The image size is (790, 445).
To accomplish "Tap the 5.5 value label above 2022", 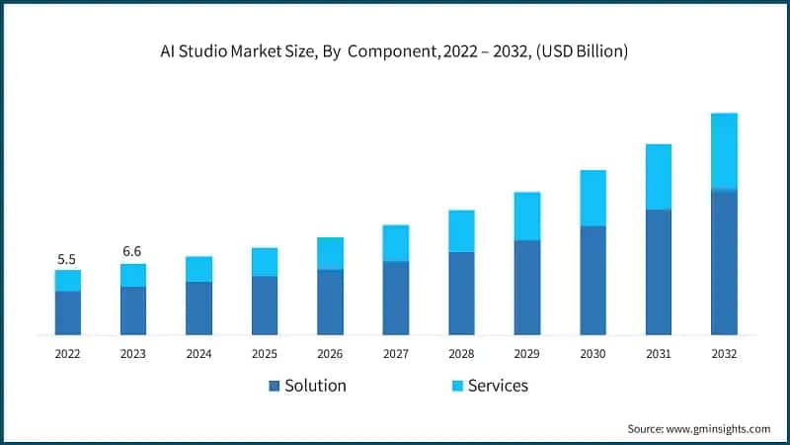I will (67, 259).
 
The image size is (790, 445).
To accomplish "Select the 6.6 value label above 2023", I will (132, 251).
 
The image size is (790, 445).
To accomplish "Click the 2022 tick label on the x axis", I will (67, 352).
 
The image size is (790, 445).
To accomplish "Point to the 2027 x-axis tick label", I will (395, 352).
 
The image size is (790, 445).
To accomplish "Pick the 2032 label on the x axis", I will (724, 352).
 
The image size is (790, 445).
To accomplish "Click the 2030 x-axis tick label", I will (592, 352).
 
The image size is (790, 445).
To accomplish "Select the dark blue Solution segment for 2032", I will (724, 262).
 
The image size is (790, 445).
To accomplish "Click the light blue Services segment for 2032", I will (724, 150).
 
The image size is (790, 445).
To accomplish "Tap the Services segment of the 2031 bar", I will (659, 176).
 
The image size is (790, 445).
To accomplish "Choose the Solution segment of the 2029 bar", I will (527, 287).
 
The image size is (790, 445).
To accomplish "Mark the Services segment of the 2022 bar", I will (67, 280).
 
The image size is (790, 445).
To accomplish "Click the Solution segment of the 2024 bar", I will (198, 308).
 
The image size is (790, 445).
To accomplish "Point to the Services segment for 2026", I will (330, 253).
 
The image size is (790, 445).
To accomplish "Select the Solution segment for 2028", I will (461, 293).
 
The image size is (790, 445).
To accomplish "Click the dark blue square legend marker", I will (274, 386).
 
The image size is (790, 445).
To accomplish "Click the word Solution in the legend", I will (315, 386).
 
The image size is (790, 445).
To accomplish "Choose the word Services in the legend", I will (498, 386).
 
